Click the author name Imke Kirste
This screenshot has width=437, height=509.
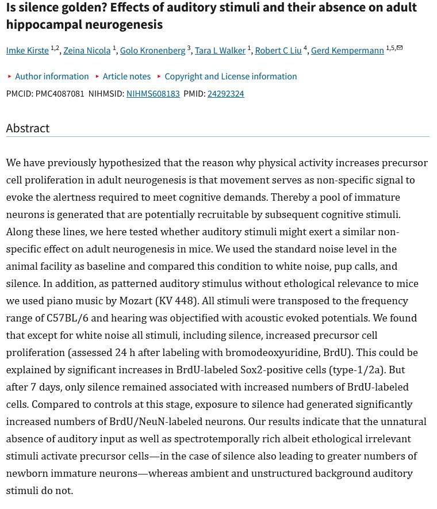(x=27, y=51)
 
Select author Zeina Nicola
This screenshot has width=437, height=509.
(x=87, y=51)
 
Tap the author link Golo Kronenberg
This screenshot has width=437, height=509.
(x=152, y=51)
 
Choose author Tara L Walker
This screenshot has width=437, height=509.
(x=220, y=51)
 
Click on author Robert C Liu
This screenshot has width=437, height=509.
(x=278, y=51)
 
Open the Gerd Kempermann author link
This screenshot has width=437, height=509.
(x=347, y=51)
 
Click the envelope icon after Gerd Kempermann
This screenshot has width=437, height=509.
(x=400, y=48)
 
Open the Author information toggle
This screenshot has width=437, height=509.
(x=52, y=76)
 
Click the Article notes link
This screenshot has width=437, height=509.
(x=126, y=76)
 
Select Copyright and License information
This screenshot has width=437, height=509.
(x=231, y=76)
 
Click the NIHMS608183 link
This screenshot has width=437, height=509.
(x=153, y=94)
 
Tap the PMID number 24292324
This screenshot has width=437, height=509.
(x=225, y=94)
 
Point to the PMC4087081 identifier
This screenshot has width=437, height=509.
(x=60, y=94)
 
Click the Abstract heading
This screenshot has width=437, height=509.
(x=28, y=128)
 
